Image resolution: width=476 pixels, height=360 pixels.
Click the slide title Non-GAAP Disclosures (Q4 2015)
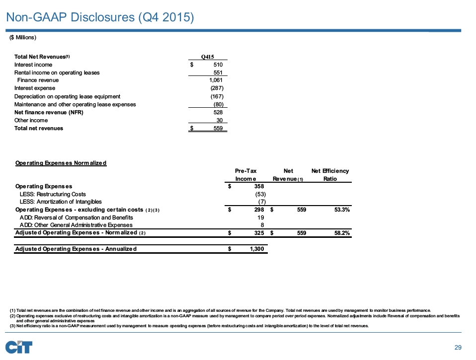pos(99,17)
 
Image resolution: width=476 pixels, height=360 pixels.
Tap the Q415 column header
pos(207,57)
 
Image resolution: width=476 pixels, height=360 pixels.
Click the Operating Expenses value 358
pos(258,186)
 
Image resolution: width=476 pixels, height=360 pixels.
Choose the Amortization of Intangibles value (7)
pos(261,202)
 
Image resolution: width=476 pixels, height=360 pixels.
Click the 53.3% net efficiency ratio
pos(341,210)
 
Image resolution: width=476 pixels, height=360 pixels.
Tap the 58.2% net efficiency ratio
pos(341,232)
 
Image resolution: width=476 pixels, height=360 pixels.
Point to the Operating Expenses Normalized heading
pos(61,163)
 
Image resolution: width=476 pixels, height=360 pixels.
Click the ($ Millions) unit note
pos(23,38)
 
